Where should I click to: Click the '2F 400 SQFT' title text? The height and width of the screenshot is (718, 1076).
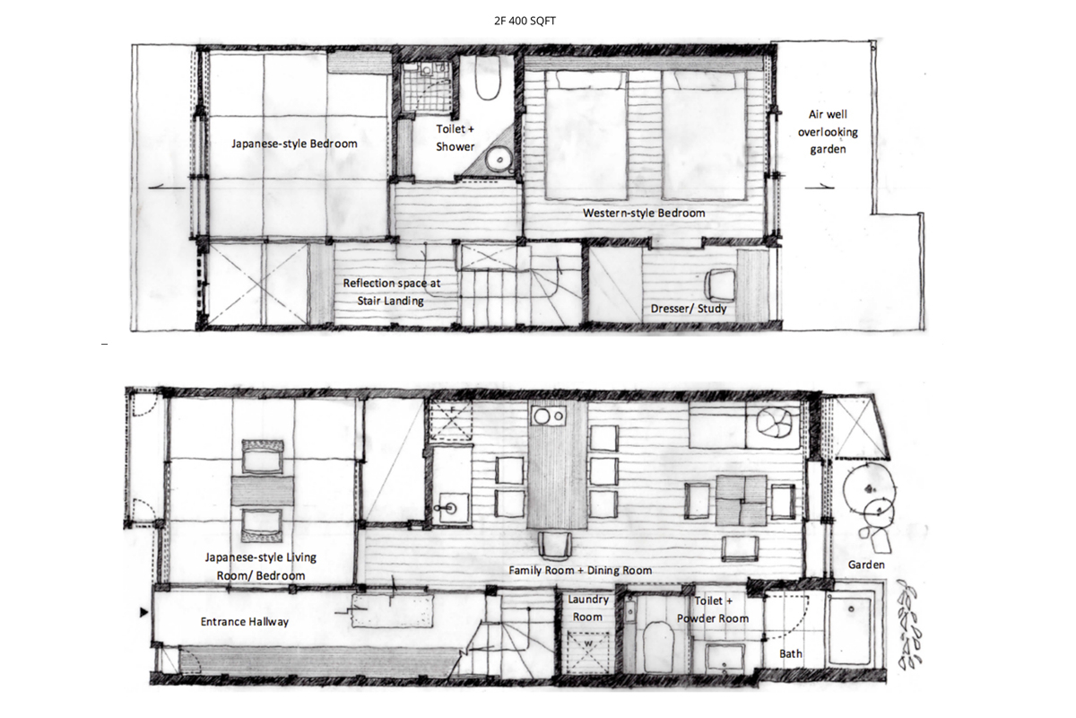525,21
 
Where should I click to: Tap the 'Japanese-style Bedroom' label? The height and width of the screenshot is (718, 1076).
294,144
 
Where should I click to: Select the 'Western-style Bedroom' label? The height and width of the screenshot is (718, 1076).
644,213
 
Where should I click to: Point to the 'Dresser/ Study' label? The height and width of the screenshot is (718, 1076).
689,309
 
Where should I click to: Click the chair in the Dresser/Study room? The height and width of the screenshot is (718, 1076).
719,285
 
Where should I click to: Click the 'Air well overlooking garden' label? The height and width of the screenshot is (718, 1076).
828,132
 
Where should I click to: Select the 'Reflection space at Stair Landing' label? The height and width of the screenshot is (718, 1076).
392,292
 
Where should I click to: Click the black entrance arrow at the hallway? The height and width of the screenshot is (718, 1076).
143,612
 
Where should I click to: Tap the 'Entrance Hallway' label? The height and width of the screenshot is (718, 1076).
245,622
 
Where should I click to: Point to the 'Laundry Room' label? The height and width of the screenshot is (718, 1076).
588,609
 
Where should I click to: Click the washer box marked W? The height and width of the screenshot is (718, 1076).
588,652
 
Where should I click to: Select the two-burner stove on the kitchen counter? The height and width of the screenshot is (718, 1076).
548,416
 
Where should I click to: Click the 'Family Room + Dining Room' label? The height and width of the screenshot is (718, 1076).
580,570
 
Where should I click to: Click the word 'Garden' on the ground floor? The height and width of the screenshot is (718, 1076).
866,565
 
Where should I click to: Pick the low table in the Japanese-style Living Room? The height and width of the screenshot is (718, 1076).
263,491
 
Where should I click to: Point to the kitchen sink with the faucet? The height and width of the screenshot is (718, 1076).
452,507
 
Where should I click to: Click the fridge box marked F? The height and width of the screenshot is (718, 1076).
450,420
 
